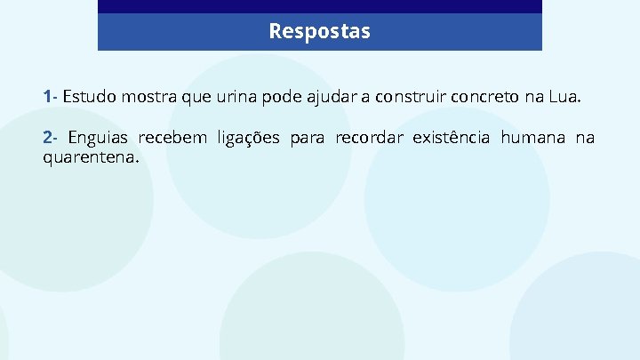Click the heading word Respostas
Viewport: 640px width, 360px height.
pos(320,32)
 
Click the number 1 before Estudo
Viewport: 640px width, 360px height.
pos(47,95)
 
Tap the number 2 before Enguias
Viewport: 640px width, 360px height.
pos(48,138)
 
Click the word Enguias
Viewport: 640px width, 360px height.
pos(98,138)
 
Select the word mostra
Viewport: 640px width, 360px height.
pos(150,95)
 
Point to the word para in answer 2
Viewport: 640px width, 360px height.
pos(308,138)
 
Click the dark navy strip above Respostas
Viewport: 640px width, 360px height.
pos(320,6)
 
